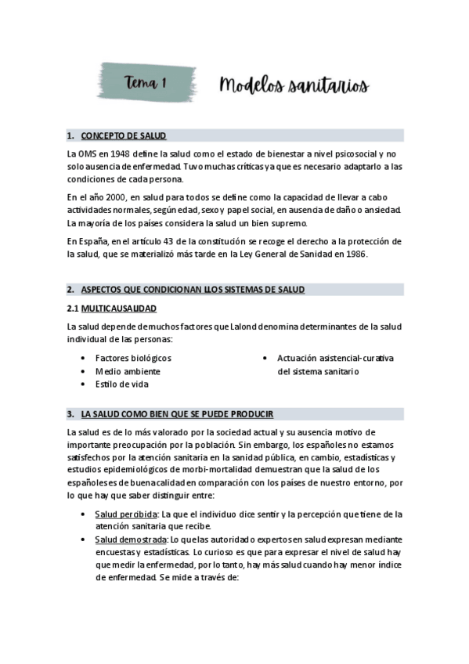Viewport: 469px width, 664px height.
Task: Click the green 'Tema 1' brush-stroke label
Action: click(x=147, y=82)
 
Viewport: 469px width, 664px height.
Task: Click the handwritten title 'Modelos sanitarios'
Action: click(x=294, y=85)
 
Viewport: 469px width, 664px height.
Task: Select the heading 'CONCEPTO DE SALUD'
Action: click(x=124, y=135)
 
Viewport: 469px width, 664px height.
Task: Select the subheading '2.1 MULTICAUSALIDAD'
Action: click(x=112, y=309)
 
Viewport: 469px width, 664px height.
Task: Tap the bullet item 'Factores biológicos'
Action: click(x=133, y=358)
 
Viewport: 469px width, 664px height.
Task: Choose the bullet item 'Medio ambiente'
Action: click(x=128, y=371)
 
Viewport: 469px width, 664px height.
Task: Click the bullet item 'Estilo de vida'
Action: click(x=122, y=384)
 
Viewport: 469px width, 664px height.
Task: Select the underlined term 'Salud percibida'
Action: click(x=125, y=514)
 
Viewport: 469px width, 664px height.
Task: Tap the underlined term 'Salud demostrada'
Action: click(x=130, y=540)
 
